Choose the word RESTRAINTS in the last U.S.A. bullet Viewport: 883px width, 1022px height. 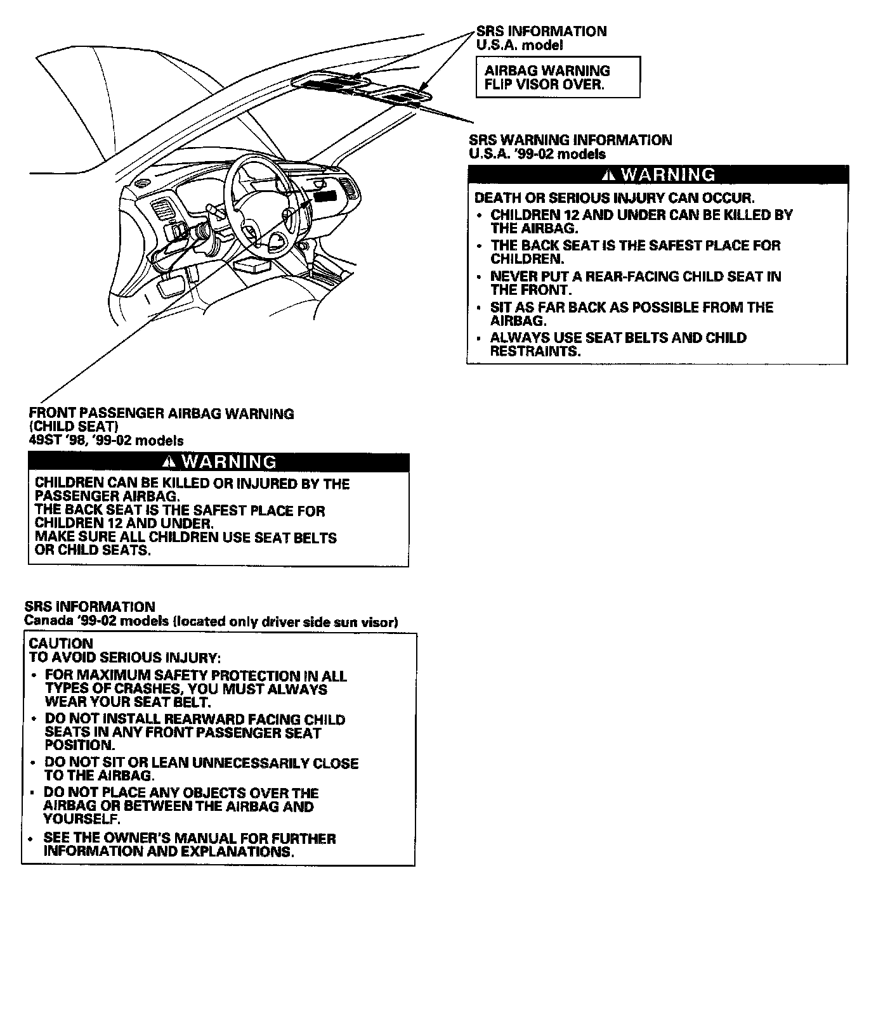click(x=535, y=351)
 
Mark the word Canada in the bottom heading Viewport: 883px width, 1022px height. click(x=46, y=621)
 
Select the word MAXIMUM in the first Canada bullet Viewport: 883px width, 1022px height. click(x=105, y=676)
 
